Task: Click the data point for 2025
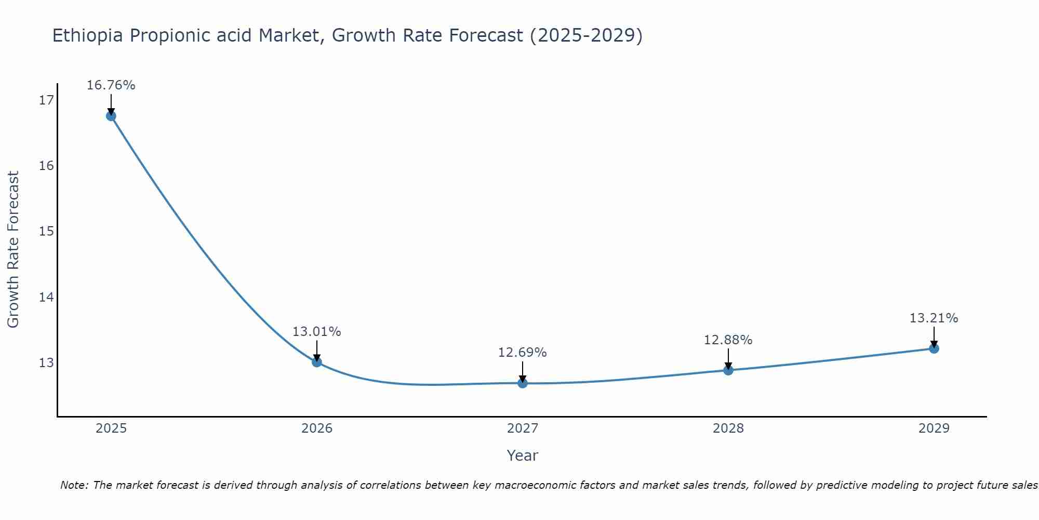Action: (x=111, y=115)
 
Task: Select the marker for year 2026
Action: (x=317, y=362)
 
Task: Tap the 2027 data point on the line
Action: (x=523, y=383)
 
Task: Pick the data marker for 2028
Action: (x=728, y=370)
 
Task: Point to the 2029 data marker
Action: (x=934, y=348)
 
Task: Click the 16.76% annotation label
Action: (x=111, y=85)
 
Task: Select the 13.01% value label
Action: (x=316, y=332)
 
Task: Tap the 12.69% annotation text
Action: (x=522, y=353)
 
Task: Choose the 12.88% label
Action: (x=728, y=340)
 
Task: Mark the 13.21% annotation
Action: (x=934, y=318)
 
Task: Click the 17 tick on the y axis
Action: (x=46, y=100)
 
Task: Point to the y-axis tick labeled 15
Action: (x=46, y=231)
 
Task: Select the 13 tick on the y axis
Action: (x=46, y=362)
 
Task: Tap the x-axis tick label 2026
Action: (x=317, y=428)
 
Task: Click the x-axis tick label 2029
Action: (x=934, y=428)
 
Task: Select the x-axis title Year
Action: (x=522, y=456)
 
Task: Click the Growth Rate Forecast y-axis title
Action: (x=14, y=250)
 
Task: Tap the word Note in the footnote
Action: (x=74, y=486)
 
